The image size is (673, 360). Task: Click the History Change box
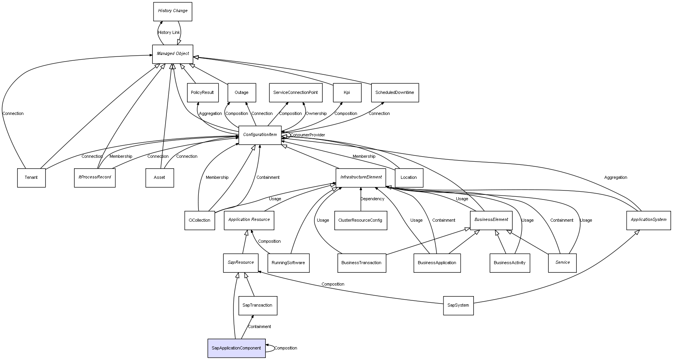point(172,11)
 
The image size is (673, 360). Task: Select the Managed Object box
point(172,54)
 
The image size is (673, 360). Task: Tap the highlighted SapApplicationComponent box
point(236,348)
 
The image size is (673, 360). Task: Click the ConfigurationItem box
point(260,135)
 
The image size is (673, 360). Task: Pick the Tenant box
point(31,178)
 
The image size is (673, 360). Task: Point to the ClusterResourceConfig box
point(360,221)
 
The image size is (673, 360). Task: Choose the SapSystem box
point(458,305)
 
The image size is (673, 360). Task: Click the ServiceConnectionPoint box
point(295,93)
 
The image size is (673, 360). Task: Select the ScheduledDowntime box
point(394,93)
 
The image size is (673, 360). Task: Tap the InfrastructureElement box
point(360,177)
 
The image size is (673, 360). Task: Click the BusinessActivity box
point(509,263)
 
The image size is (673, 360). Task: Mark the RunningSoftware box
point(288,263)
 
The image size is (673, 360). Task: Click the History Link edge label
point(169,33)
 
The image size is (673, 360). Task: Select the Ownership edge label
point(316,114)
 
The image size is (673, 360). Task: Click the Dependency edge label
point(372,199)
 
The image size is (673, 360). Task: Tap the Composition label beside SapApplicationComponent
point(286,348)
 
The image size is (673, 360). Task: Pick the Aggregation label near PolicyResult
point(210,114)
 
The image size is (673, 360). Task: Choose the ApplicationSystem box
point(648,220)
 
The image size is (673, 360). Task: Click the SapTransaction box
point(257,305)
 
